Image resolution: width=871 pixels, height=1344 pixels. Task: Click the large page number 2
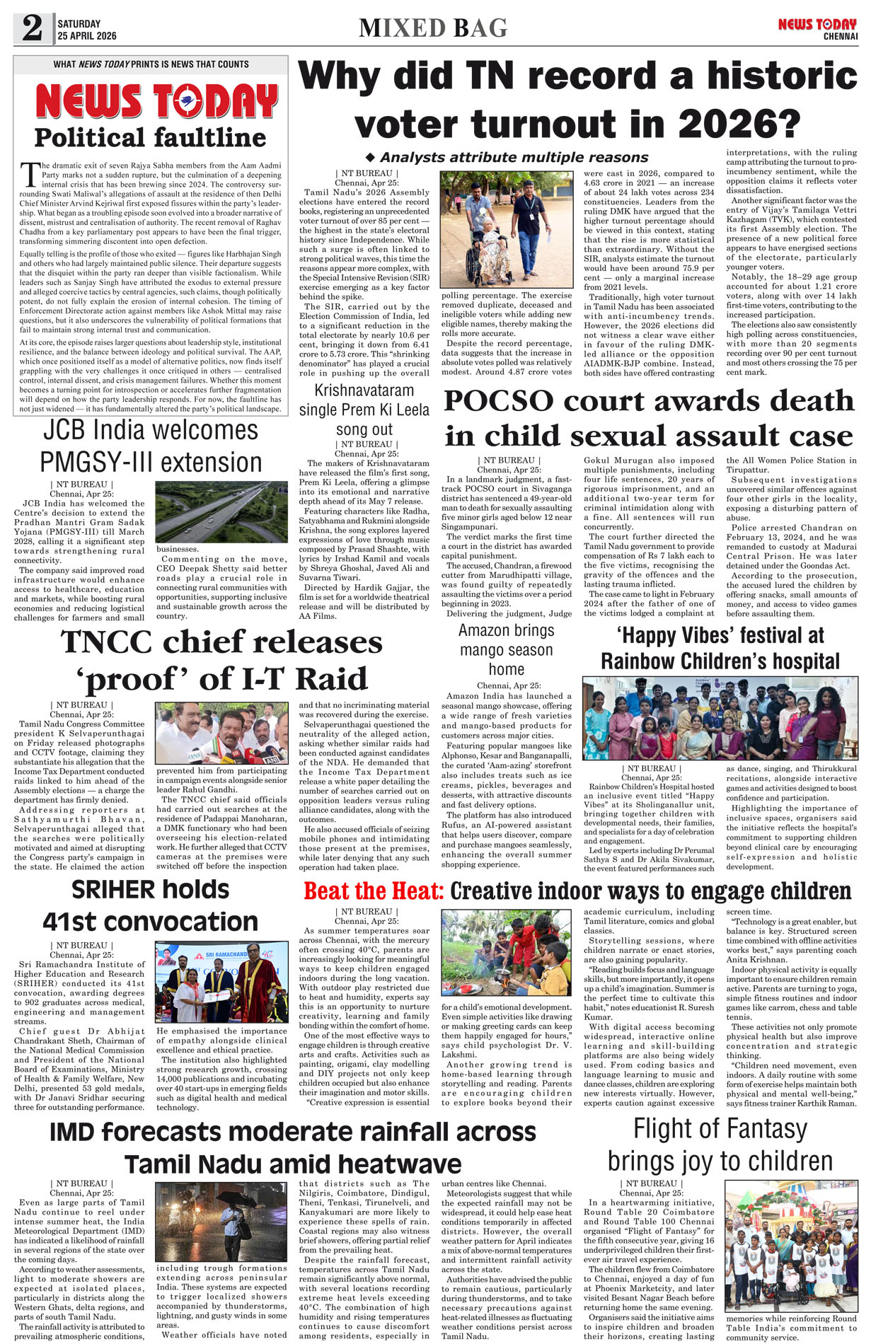[x=33, y=28]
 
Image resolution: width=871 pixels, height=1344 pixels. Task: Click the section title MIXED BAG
[x=433, y=28]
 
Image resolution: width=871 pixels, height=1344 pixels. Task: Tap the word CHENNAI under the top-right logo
[x=840, y=36]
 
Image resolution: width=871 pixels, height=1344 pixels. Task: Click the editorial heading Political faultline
[x=150, y=137]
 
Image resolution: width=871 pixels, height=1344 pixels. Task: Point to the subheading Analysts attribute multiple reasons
[x=514, y=157]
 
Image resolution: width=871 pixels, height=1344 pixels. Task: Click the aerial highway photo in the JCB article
[x=221, y=511]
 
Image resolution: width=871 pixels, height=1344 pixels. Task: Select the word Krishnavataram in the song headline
[x=364, y=390]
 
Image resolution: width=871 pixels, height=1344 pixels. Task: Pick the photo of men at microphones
[x=221, y=732]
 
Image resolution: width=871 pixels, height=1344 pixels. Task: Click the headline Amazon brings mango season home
[x=506, y=649]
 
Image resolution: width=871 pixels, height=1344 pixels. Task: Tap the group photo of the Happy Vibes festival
[x=720, y=717]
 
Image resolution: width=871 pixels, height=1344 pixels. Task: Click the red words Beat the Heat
[x=374, y=891]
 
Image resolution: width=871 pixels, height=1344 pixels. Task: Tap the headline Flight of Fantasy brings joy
[x=720, y=1145]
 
